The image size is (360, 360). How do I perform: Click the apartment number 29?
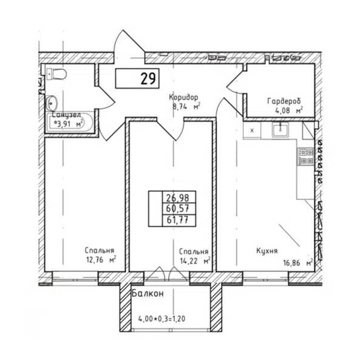(148, 78)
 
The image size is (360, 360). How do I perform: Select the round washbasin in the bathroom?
(51, 103)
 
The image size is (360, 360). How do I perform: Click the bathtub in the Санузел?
(70, 122)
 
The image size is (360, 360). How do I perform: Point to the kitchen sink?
(280, 129)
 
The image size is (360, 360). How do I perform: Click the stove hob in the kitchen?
(306, 157)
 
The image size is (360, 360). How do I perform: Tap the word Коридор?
(183, 97)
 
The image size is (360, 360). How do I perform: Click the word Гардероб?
(284, 101)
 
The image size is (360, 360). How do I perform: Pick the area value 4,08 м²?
(289, 110)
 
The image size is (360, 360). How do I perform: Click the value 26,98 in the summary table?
(177, 197)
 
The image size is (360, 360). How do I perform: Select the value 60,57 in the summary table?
(178, 209)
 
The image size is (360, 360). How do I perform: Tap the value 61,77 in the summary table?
(178, 220)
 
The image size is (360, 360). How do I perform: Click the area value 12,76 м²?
(101, 260)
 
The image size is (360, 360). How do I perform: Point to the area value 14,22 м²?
(195, 261)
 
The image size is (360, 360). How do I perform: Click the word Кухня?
(267, 251)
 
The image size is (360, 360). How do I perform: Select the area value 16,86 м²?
(298, 263)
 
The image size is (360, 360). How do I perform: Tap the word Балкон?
(148, 293)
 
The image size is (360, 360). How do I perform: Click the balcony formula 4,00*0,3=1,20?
(161, 319)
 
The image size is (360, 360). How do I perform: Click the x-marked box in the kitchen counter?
(252, 131)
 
